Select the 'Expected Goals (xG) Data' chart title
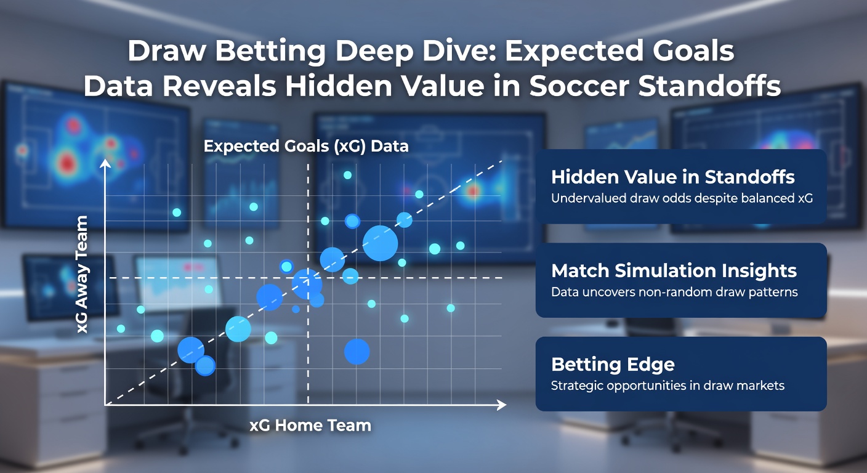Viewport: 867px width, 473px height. coord(306,147)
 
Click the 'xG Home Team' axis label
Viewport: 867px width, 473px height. coord(310,425)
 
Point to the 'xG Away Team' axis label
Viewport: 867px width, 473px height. coord(82,275)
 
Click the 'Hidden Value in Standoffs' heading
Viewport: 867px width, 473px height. coord(673,177)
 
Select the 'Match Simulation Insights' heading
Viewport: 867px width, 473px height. coord(674,270)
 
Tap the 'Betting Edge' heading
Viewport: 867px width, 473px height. coord(613,364)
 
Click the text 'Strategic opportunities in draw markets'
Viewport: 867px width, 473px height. coord(667,386)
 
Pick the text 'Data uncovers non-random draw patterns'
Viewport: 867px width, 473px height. coord(674,292)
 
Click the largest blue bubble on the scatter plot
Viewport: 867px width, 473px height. coord(380,243)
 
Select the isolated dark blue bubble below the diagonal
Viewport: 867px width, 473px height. coord(357,352)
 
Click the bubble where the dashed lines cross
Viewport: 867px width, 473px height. coord(307,283)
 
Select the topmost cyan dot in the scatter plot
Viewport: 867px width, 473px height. coord(347,176)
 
